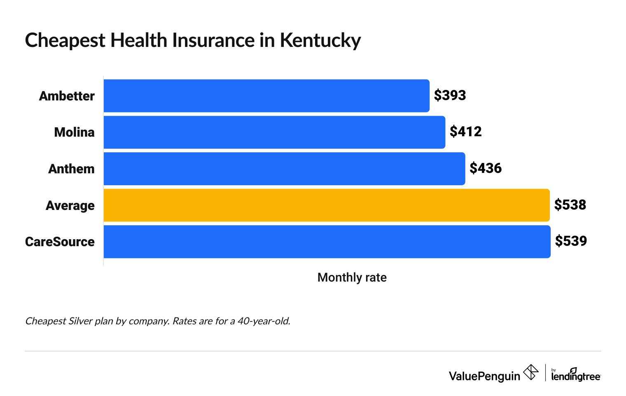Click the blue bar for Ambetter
pos(266,96)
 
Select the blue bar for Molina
pos(274,132)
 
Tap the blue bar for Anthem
pos(284,169)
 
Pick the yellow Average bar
pos(327,205)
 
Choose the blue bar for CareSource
pos(327,242)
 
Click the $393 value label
pos(450,96)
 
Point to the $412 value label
pos(465,132)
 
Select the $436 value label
pos(486,168)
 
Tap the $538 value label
pos(570,205)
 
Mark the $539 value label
pos(571,241)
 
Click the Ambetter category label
pos(67,96)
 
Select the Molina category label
pos(74,132)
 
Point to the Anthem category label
pos(71,169)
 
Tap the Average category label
pos(70,205)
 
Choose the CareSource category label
pos(60,242)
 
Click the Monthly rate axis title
pos(352,277)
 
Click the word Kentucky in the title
pos(320,41)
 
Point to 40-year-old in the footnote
pos(264,321)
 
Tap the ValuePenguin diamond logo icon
pos(530,373)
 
